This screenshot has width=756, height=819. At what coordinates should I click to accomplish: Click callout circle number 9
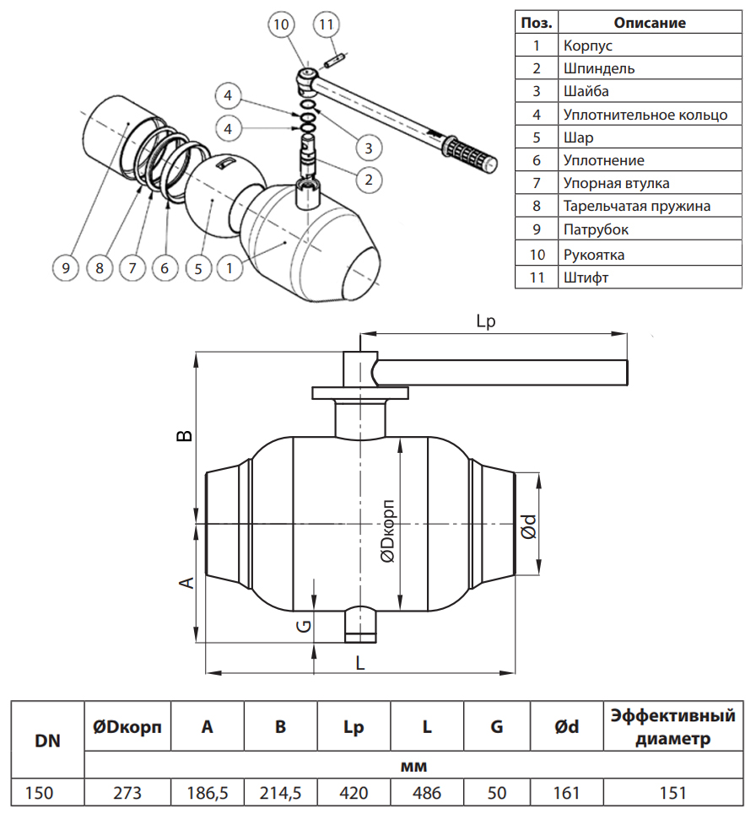(66, 268)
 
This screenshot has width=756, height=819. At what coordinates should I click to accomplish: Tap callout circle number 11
(327, 24)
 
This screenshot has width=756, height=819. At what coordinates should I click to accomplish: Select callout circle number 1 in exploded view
(229, 268)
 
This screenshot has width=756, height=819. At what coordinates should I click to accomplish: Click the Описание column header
(649, 23)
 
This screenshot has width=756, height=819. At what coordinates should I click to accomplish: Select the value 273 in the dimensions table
(127, 793)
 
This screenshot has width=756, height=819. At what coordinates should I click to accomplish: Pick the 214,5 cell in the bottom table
(280, 793)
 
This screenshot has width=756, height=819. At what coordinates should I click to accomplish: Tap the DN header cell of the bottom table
(47, 741)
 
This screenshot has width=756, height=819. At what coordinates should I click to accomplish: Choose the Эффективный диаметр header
(672, 727)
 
